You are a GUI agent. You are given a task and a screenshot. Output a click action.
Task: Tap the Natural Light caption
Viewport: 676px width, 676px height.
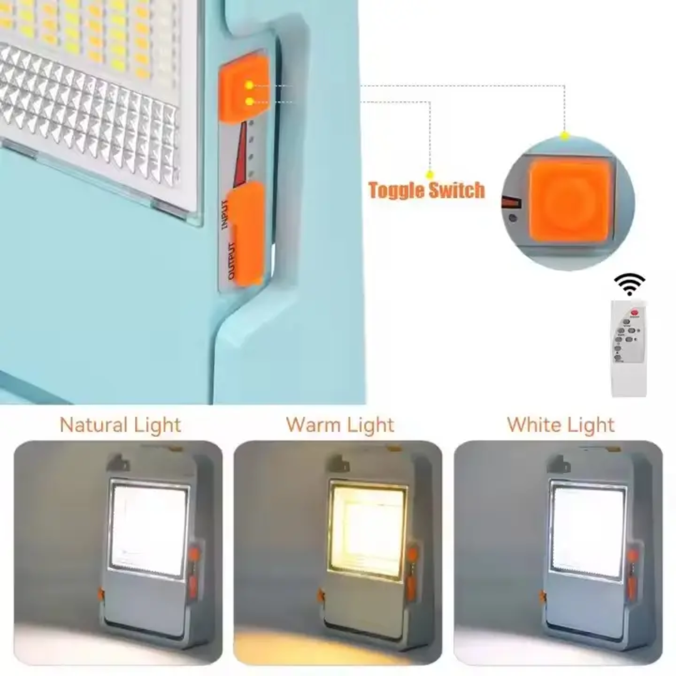(x=120, y=425)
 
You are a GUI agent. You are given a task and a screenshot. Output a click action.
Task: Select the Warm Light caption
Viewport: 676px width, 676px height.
(x=340, y=425)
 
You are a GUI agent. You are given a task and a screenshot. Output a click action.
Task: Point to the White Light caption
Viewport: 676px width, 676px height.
(x=560, y=425)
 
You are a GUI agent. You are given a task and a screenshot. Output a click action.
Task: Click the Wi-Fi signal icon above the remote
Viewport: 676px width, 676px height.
(x=630, y=284)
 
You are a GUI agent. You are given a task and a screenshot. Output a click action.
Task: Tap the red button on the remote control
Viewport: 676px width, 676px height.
(x=635, y=312)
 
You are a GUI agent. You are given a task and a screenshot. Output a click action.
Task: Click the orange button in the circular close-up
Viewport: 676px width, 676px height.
(x=570, y=200)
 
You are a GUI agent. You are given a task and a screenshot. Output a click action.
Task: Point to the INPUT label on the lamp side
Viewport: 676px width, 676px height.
(x=225, y=215)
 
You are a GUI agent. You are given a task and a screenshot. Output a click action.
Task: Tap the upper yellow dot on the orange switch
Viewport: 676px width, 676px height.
(x=248, y=85)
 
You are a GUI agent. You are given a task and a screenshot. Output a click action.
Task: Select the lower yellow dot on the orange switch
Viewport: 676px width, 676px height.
(x=248, y=101)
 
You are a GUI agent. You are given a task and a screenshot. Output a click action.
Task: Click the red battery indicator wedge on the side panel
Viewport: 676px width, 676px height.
(x=240, y=155)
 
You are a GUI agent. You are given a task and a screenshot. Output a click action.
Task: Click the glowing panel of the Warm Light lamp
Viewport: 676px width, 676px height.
(x=367, y=528)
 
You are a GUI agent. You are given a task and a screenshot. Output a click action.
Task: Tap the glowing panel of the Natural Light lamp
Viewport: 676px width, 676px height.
(x=148, y=530)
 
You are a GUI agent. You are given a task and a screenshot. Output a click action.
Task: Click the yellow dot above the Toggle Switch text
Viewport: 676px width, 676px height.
(x=429, y=175)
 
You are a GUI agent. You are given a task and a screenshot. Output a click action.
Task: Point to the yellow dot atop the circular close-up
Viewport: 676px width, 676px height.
(x=565, y=136)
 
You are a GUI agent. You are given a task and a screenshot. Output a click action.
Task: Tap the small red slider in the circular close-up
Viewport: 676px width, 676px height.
(x=512, y=202)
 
